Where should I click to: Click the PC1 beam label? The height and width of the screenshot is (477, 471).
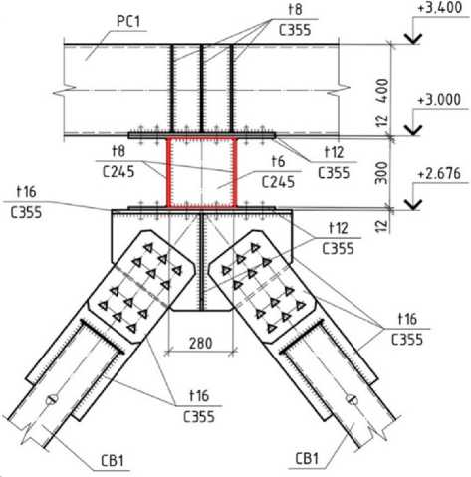[128, 22]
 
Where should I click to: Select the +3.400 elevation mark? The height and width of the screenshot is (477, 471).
[440, 8]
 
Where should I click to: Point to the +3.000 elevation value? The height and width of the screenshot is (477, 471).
[439, 100]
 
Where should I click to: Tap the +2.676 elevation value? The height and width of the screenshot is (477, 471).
[439, 174]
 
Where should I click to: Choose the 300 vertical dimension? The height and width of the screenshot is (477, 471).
[382, 173]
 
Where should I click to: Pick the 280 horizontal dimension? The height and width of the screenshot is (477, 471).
[201, 343]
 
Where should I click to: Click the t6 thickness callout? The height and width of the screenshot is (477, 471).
[278, 162]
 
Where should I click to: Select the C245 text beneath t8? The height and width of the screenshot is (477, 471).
[118, 172]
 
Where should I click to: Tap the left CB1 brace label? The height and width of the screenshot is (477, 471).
[113, 461]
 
